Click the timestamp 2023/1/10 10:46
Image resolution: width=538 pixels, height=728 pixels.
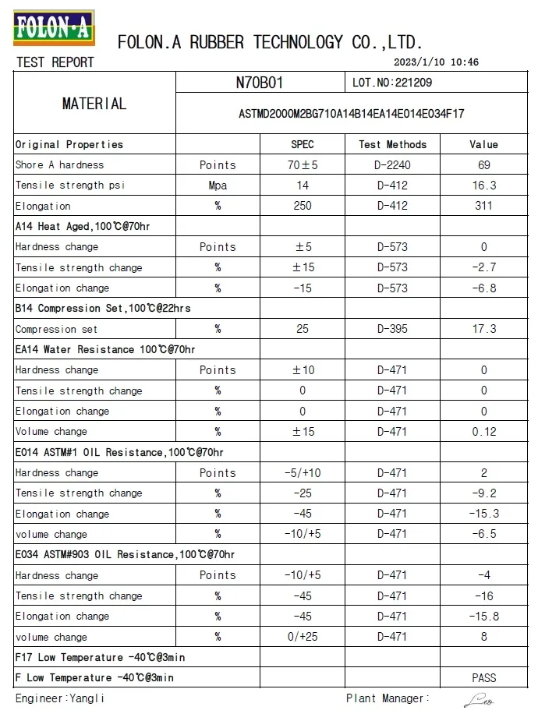tap(437, 62)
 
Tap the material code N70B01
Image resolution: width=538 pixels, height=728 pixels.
tap(259, 82)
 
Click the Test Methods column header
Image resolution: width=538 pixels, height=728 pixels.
tap(392, 144)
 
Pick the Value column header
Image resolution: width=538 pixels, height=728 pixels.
tap(483, 144)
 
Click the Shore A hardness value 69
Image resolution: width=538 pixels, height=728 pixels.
tap(483, 165)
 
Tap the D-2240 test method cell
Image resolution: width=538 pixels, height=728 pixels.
tap(392, 165)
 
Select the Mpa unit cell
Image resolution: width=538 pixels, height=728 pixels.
tap(218, 186)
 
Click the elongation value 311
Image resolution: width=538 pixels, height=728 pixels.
tap(483, 206)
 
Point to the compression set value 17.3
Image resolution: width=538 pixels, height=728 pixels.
tap(483, 329)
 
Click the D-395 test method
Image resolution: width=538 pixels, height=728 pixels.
tap(392, 329)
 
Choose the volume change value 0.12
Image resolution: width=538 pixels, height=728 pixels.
tap(483, 432)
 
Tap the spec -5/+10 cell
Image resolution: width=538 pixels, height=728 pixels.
tap(303, 472)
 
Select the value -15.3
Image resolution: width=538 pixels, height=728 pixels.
tap(483, 514)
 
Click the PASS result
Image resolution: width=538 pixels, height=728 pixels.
tap(483, 678)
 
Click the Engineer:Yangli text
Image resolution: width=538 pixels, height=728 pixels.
tap(59, 698)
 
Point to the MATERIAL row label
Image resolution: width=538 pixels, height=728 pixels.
tap(94, 104)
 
